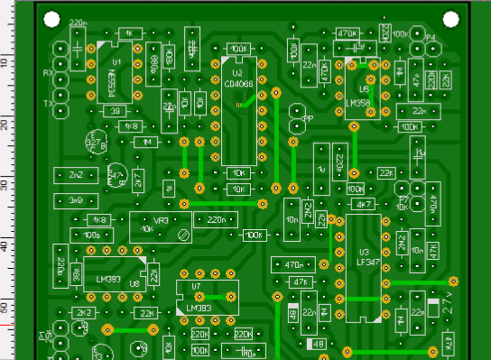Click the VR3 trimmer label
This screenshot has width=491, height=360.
pos(163,219)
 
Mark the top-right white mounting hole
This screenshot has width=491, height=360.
pos(451,20)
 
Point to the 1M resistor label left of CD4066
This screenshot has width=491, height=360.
pos(145,142)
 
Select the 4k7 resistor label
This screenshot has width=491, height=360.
pos(365,205)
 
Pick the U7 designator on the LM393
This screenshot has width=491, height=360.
pos(198,287)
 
